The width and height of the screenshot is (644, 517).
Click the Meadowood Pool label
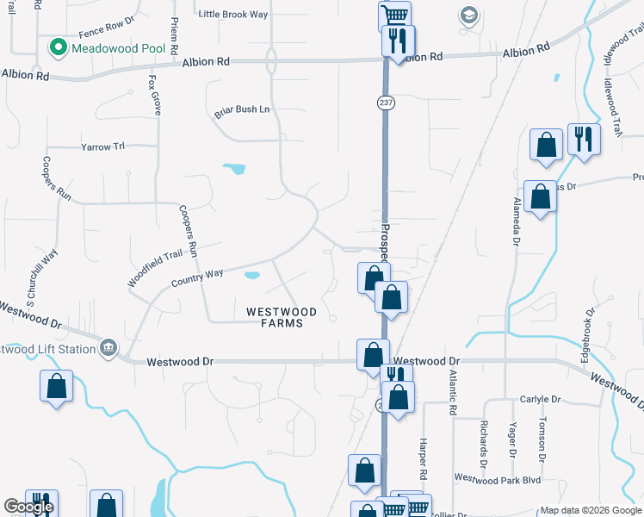click(x=118, y=47)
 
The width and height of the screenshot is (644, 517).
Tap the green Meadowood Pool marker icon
click(x=59, y=47)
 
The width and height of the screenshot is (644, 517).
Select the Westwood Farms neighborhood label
click(x=281, y=317)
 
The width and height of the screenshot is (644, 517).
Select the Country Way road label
click(x=197, y=277)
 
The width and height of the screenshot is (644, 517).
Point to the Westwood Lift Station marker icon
click(x=108, y=347)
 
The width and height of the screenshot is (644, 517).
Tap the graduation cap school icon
click(x=468, y=15)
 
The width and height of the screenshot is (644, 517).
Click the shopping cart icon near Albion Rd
click(x=393, y=15)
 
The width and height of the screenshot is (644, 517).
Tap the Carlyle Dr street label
click(x=540, y=400)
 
